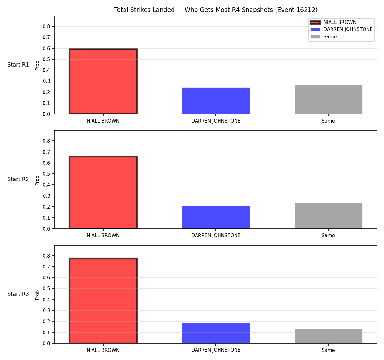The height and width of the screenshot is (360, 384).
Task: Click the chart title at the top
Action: pyautogui.click(x=216, y=10)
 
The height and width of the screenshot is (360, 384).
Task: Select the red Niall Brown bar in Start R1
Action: pyautogui.click(x=103, y=81)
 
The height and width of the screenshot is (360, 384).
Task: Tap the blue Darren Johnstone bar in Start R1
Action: pyautogui.click(x=216, y=101)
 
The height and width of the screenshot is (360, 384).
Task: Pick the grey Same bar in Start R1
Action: pyautogui.click(x=328, y=100)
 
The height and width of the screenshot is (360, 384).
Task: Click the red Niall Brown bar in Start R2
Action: pyautogui.click(x=103, y=192)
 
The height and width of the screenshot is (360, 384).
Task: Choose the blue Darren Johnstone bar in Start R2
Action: pyautogui.click(x=216, y=218)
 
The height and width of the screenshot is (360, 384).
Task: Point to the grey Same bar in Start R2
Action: pyautogui.click(x=328, y=216)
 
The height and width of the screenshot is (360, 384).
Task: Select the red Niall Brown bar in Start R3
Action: pyautogui.click(x=103, y=300)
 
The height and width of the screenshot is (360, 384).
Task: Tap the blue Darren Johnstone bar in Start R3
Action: pyautogui.click(x=216, y=333)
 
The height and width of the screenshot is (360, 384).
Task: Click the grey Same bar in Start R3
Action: pyautogui.click(x=328, y=336)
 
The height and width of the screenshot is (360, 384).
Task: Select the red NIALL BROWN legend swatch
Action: pyautogui.click(x=315, y=22)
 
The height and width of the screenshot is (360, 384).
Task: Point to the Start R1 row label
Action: pyautogui.click(x=18, y=65)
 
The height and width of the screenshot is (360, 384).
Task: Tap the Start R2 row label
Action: pyautogui.click(x=18, y=179)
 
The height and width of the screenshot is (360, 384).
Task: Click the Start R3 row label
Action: pyautogui.click(x=18, y=294)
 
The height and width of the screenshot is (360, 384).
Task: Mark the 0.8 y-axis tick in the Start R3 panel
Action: pyautogui.click(x=46, y=256)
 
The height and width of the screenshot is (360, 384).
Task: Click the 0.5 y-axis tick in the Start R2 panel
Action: pyautogui.click(x=46, y=174)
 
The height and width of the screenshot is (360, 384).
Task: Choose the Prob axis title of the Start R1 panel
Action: pyautogui.click(x=37, y=66)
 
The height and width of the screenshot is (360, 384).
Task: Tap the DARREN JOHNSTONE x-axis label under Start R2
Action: pyautogui.click(x=216, y=236)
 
